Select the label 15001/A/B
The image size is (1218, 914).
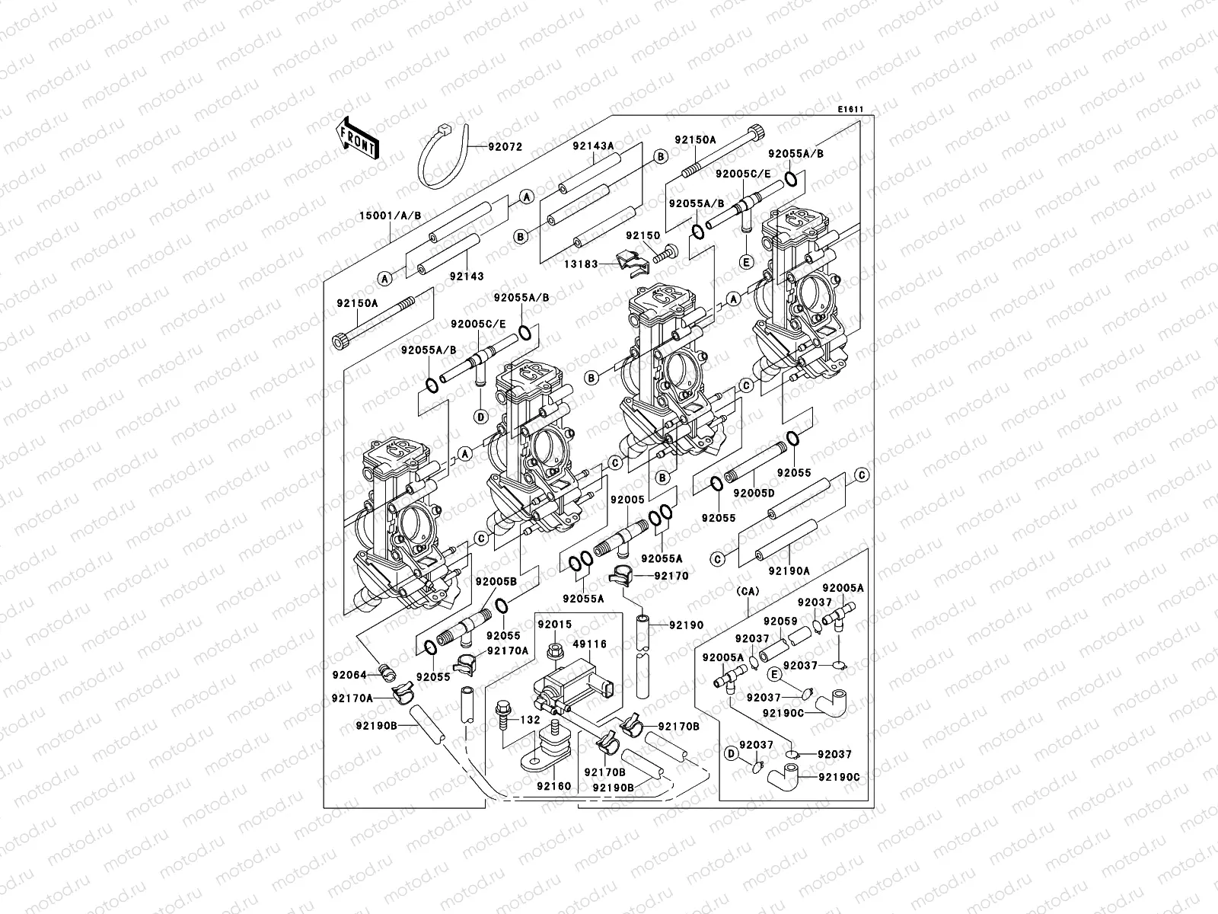(x=390, y=216)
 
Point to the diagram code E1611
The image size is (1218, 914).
(x=850, y=110)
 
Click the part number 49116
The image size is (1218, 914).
(x=589, y=644)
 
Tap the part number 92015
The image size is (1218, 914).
(x=554, y=625)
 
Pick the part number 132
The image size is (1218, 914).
(x=530, y=720)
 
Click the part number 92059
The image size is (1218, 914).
(x=780, y=622)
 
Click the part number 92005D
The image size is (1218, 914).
(x=754, y=494)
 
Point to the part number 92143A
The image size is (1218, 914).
(x=593, y=145)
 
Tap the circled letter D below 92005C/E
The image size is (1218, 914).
(x=480, y=417)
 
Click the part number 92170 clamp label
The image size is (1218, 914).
(x=671, y=577)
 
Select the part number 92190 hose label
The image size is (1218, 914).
(x=687, y=625)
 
